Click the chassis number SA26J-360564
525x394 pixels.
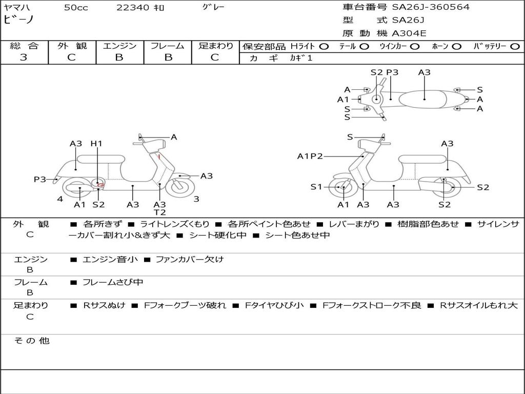431,7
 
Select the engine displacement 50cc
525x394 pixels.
76,8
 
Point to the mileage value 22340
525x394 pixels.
133,8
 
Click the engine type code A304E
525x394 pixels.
409,33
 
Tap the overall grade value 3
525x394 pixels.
24,57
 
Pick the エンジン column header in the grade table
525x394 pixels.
119,46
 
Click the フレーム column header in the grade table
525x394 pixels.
168,46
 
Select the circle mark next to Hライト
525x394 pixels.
324,47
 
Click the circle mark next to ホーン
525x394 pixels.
456,47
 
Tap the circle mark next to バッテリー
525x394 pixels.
515,47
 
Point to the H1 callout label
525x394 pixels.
96,144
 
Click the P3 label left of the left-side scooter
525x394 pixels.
40,179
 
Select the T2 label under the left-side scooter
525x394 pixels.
160,212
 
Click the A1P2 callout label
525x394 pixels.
310,156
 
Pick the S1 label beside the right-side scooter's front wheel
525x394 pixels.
316,187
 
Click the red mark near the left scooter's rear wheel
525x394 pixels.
100,184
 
